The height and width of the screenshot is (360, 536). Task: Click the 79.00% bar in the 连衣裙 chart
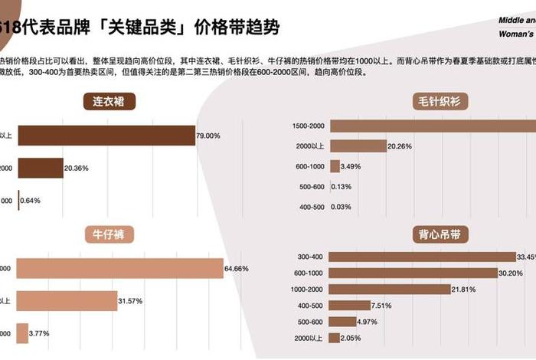106,136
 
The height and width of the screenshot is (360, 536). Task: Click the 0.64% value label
31,201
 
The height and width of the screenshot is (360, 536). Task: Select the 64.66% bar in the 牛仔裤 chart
119,269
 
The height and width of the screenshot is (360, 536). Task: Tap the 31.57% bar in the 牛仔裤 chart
67,301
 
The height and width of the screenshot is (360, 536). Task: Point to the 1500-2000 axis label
309,126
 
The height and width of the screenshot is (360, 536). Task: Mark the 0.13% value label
342,186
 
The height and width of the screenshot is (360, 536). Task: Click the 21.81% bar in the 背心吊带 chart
389,289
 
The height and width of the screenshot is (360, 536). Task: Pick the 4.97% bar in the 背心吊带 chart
342,322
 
